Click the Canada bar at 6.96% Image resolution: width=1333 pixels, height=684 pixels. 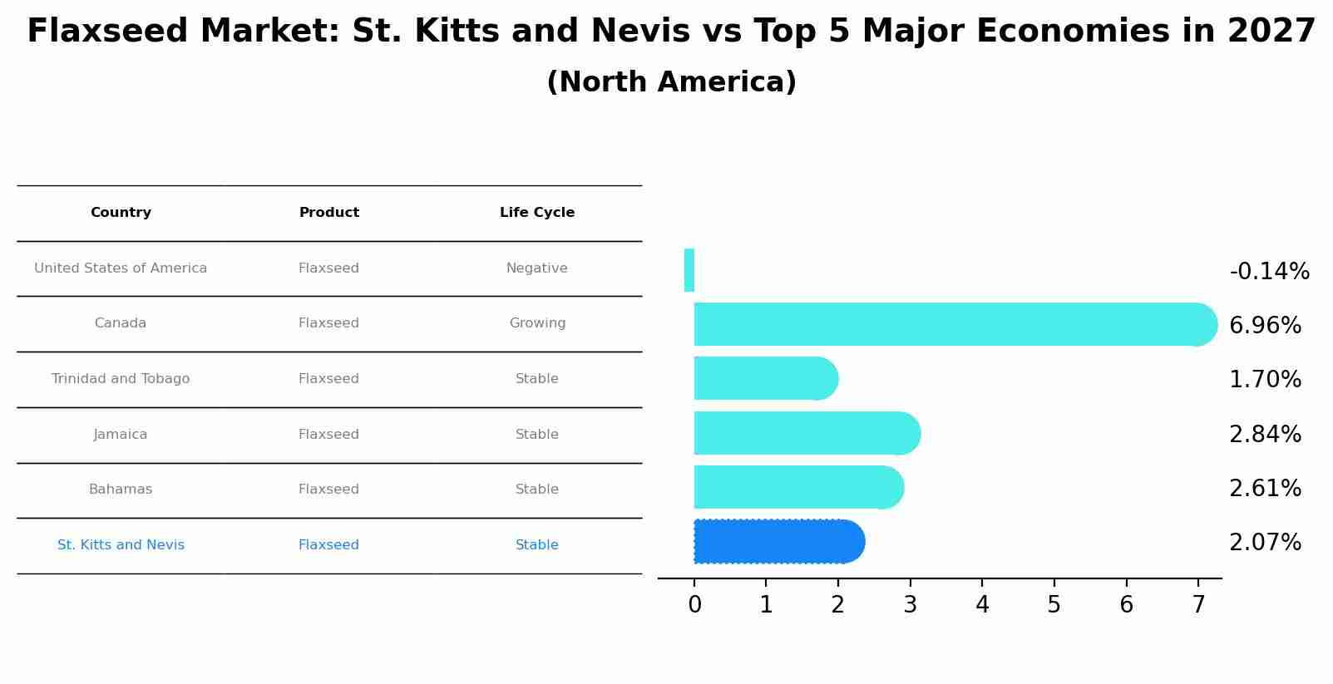click(x=948, y=324)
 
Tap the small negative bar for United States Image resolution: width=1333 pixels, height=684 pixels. click(x=689, y=270)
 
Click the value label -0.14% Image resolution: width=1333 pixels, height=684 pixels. click(x=1269, y=272)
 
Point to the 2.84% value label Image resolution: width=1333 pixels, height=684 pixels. click(x=1265, y=435)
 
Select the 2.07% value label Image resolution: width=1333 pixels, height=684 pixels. click(x=1265, y=543)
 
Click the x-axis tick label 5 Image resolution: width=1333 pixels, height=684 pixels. click(x=1054, y=605)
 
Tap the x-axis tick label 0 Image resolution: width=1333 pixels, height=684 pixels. click(x=694, y=605)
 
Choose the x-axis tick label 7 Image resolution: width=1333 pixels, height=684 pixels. click(x=1197, y=605)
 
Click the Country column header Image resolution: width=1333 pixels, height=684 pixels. click(x=121, y=213)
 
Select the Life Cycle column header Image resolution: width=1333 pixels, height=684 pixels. click(x=537, y=213)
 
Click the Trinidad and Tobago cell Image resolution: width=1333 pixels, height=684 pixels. click(x=121, y=379)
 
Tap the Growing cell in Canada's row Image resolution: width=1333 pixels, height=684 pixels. click(x=537, y=323)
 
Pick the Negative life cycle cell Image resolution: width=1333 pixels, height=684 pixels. click(x=537, y=268)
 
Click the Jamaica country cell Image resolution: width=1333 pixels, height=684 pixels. click(x=121, y=435)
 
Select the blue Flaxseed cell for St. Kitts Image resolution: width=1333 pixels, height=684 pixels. click(x=328, y=545)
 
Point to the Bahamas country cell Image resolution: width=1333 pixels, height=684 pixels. click(x=121, y=490)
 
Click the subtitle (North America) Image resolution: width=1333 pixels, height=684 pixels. click(x=671, y=82)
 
